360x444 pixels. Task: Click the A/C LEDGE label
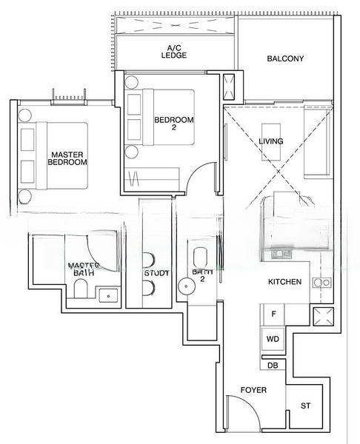(175, 51)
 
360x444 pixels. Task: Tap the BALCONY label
(285, 58)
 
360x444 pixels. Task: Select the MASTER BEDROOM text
(68, 158)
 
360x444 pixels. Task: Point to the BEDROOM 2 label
(174, 124)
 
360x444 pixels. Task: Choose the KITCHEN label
(284, 282)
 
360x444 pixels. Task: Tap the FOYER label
(253, 390)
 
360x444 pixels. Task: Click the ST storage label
(306, 406)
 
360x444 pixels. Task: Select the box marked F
(273, 314)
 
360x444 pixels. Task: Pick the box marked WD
(273, 339)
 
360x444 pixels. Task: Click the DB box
(272, 364)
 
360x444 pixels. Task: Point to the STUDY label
(157, 273)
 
